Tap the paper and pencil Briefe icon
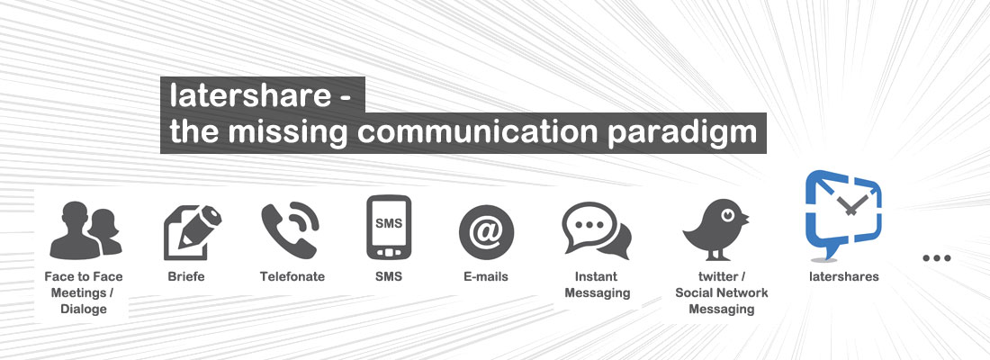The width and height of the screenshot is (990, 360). point(192,231)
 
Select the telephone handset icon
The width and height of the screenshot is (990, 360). point(290,230)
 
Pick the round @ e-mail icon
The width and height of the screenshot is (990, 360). point(486,231)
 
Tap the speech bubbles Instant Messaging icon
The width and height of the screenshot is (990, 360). point(596,231)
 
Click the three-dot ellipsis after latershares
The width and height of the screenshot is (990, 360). point(937,258)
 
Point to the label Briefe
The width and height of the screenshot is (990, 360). point(186,276)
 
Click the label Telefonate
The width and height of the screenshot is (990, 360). point(292,276)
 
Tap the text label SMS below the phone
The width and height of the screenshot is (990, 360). point(389,276)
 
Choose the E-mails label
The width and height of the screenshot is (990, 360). point(486,276)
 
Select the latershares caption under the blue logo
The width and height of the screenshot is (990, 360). point(843,276)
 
